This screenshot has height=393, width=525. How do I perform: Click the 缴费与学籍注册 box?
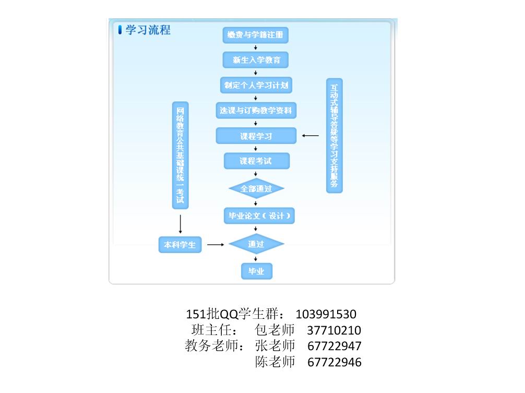(256, 35)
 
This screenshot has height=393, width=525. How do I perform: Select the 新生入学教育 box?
(256, 60)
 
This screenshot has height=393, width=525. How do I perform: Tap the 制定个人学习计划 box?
(256, 85)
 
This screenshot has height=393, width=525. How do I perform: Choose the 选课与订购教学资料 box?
(256, 110)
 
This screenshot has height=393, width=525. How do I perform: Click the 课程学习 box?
(256, 136)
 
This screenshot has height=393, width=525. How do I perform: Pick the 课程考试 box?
(256, 161)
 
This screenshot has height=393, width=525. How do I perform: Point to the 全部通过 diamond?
(256, 188)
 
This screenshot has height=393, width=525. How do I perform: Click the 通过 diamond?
(256, 244)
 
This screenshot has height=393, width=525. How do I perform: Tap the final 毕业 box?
(256, 271)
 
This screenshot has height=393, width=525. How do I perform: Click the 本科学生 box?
(180, 244)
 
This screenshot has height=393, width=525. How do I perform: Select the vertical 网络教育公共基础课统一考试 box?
(181, 155)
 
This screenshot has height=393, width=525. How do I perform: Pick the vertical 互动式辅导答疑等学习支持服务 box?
(334, 136)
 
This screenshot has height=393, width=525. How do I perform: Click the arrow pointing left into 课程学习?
(310, 136)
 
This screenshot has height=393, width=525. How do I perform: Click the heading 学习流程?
(148, 30)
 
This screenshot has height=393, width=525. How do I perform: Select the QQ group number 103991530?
(326, 314)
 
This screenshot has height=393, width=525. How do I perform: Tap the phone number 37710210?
(334, 330)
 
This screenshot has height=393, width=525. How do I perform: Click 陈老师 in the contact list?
(275, 362)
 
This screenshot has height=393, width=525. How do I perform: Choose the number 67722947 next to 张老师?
(334, 346)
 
